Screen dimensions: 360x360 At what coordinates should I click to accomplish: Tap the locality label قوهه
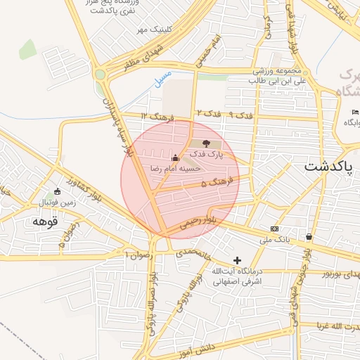44,222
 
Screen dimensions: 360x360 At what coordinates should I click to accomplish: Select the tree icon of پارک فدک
205,144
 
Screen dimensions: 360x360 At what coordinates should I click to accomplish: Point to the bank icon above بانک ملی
274,229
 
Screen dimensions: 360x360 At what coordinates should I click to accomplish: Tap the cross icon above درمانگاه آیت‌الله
237,260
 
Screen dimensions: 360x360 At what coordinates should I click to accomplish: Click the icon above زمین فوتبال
58,191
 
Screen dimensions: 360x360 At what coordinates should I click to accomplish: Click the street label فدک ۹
240,114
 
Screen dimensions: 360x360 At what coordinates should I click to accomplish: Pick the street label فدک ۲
209,113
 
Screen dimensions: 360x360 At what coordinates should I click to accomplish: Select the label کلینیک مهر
154,30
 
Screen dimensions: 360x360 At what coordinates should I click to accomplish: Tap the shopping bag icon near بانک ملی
309,236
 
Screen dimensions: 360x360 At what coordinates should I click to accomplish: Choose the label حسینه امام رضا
176,169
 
